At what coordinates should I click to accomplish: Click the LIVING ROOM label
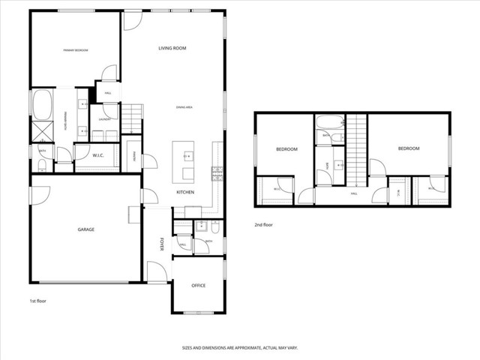click(172, 49)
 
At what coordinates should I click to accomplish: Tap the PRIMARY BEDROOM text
click(75, 50)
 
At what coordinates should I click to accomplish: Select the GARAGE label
click(85, 229)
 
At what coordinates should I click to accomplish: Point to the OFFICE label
click(198, 286)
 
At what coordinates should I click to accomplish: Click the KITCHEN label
click(185, 193)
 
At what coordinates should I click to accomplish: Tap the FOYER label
click(161, 244)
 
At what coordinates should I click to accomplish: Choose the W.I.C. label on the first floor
click(97, 156)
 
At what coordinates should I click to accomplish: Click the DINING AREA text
click(185, 108)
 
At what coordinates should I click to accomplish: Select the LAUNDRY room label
click(105, 118)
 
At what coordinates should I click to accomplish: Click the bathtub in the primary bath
click(41, 103)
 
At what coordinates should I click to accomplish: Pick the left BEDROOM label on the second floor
click(286, 149)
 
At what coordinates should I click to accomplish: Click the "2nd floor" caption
click(263, 224)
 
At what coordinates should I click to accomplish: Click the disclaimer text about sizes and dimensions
click(239, 348)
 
